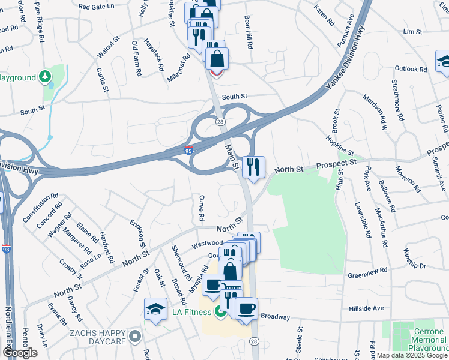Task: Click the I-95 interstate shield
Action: (x=188, y=151)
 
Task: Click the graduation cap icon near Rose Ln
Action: (x=155, y=309)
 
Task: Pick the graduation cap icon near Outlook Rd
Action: (x=443, y=61)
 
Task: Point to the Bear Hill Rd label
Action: (x=248, y=33)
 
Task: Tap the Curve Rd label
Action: (x=202, y=208)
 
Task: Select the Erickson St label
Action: (x=137, y=233)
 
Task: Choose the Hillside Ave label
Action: (x=366, y=308)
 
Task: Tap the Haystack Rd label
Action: (x=153, y=55)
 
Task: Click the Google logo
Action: (x=20, y=352)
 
